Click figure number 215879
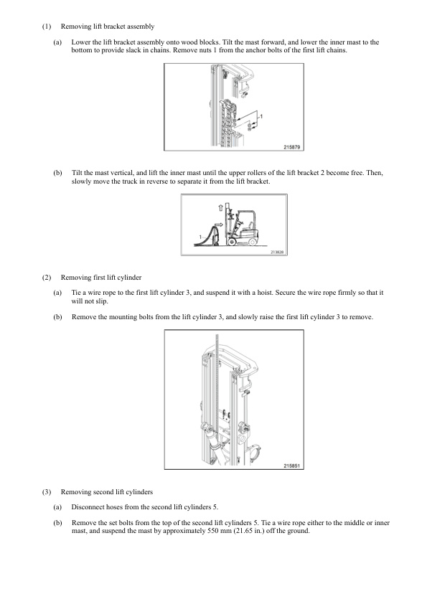coord(292,147)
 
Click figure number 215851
coord(292,466)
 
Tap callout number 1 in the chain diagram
coord(262,116)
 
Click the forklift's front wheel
coord(232,242)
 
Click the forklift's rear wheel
coord(253,241)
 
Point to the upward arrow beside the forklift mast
coord(220,207)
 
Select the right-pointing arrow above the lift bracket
coord(218,223)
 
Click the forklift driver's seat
coord(250,225)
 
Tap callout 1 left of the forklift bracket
coord(200,237)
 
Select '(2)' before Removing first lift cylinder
coord(46,278)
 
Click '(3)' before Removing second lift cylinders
coord(46,492)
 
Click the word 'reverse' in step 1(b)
coord(151,181)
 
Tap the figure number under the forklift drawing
coord(277,253)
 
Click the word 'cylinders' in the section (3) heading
coord(139,492)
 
